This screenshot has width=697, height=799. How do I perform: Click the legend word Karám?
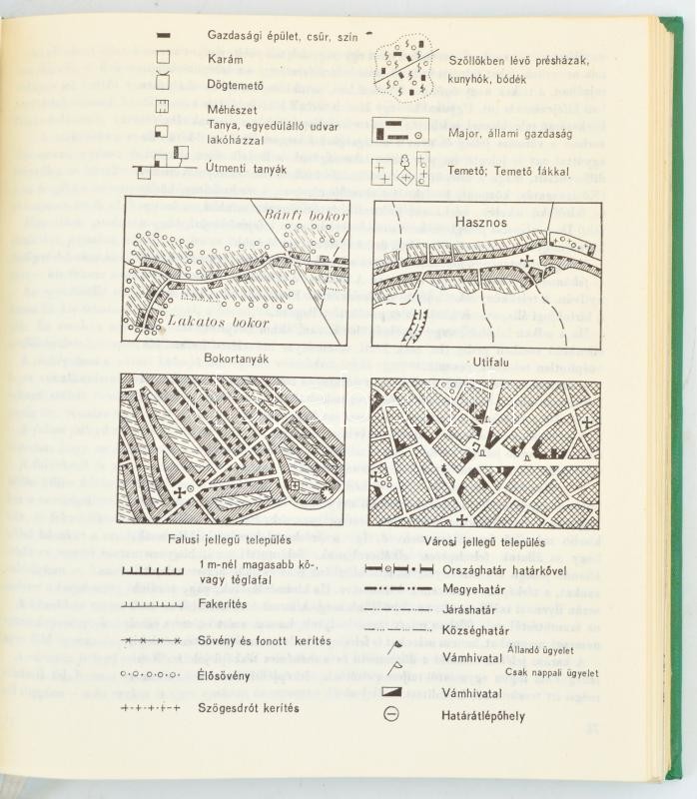(x=226, y=59)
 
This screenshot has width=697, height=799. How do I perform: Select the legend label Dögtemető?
(x=240, y=83)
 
